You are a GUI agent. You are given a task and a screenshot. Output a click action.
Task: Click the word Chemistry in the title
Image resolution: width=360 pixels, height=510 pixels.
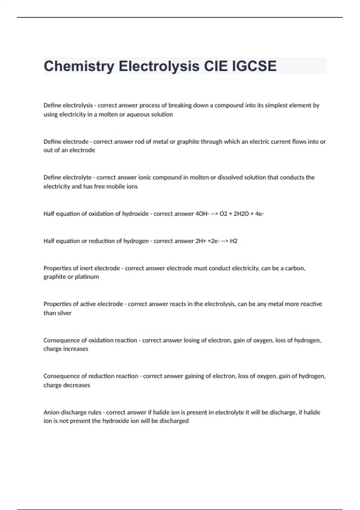click(x=79, y=66)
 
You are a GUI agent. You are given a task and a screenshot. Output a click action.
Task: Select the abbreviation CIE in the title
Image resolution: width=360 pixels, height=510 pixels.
click(x=216, y=66)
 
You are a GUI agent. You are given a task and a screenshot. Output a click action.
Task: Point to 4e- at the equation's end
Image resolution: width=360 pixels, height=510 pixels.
click(x=259, y=214)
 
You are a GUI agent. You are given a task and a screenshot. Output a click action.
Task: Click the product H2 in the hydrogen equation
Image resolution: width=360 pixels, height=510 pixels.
click(x=233, y=241)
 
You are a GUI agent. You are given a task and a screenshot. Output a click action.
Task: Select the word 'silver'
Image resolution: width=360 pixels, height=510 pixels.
click(x=64, y=313)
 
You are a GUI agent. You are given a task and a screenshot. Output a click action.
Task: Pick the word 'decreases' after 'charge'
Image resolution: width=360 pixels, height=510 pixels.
click(x=76, y=385)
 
